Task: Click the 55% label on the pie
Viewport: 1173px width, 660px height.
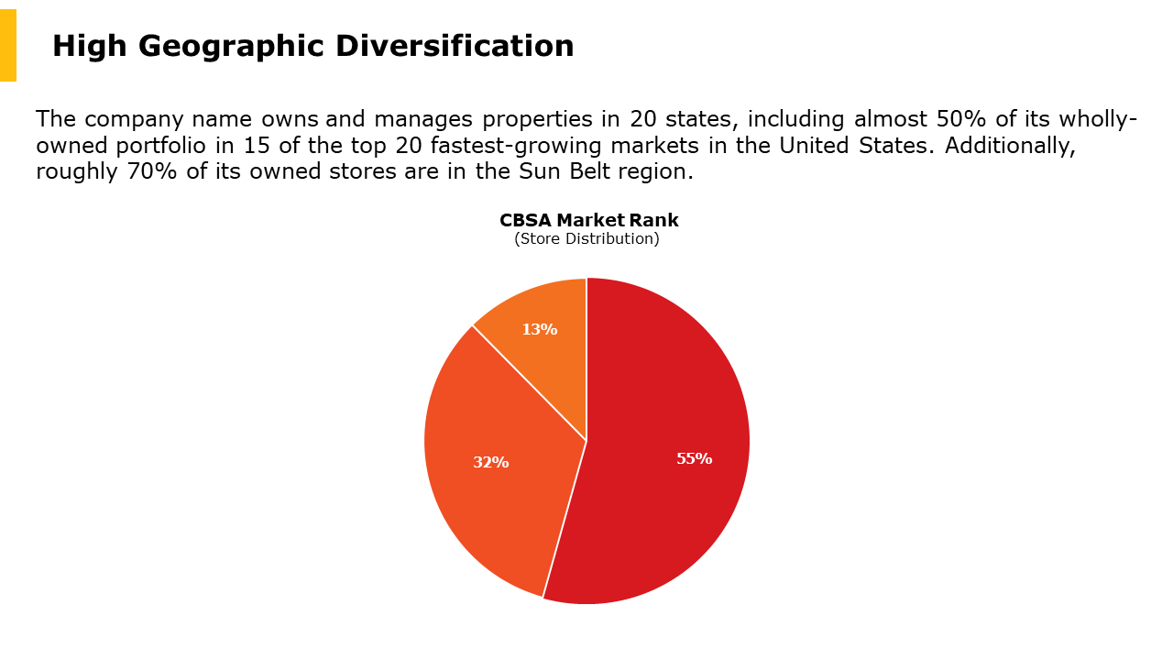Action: (x=694, y=458)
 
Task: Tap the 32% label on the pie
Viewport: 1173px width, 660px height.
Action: (x=490, y=462)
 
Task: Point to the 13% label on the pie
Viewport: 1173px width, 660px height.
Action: (x=539, y=329)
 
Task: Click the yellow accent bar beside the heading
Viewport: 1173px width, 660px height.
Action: (x=8, y=45)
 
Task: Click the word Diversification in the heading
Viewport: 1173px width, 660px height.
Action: (x=455, y=46)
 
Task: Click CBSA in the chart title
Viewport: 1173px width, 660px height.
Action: (x=525, y=220)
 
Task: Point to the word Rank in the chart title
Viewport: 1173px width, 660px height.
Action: (x=653, y=220)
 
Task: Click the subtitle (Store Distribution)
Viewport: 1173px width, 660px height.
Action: (x=586, y=238)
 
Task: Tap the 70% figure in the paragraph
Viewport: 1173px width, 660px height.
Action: (x=147, y=171)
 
